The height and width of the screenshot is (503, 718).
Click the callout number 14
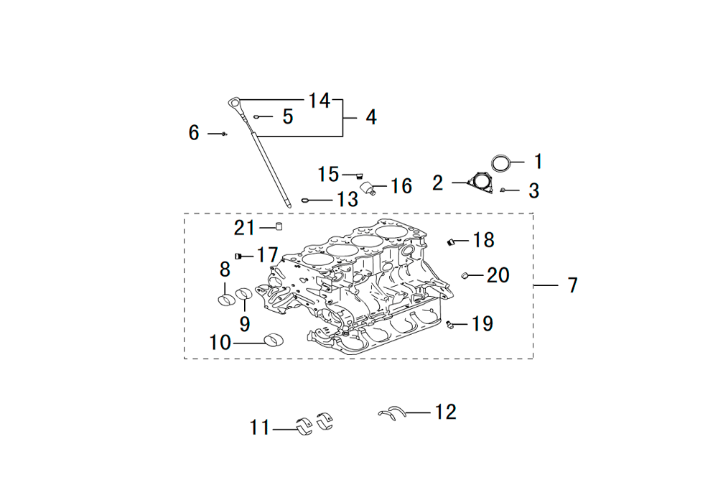point(320,101)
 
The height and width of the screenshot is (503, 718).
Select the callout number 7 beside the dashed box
point(573,285)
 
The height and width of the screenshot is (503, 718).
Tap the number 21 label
point(244,228)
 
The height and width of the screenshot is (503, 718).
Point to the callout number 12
point(446,412)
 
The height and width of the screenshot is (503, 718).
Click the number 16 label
point(401,186)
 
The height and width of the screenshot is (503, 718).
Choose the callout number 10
point(220,343)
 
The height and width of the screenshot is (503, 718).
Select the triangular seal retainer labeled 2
point(480,182)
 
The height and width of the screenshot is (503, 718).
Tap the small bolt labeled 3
point(503,190)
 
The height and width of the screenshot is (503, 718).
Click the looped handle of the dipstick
point(233,101)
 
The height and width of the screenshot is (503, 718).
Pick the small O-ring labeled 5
point(256,117)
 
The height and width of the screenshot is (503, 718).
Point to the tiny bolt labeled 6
point(224,134)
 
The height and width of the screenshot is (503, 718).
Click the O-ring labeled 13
point(304,200)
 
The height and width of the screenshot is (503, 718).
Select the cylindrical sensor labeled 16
point(368,188)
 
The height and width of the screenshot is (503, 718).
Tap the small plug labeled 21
point(279,226)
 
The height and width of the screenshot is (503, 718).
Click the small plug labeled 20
point(465,275)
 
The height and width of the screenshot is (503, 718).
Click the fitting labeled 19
point(449,324)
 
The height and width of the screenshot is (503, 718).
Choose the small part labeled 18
point(450,242)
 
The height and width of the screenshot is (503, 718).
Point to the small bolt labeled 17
point(238,256)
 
